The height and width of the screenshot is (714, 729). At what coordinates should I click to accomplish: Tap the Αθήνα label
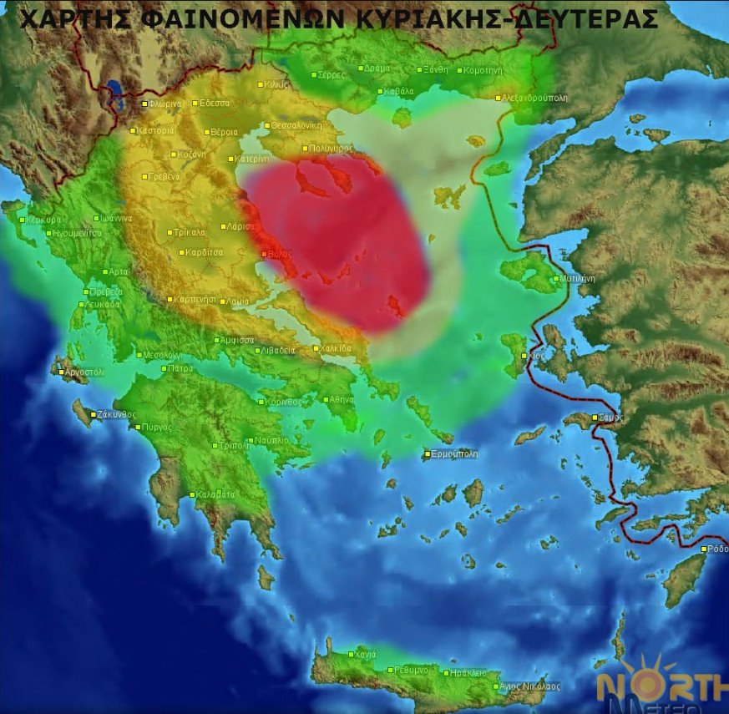(342, 399)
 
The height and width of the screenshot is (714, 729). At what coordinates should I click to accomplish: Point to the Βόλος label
(279, 253)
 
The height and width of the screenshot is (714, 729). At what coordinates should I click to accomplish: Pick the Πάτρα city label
(181, 368)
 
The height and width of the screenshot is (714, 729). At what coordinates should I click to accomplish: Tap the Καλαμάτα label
(215, 494)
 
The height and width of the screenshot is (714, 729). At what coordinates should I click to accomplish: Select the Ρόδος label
(717, 549)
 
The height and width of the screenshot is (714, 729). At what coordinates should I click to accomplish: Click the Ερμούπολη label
(455, 454)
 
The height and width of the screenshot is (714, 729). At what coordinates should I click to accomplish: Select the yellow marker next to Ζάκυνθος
(94, 414)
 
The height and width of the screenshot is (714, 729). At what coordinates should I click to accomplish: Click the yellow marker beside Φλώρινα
(144, 104)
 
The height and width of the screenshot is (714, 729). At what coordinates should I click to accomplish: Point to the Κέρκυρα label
(45, 219)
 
